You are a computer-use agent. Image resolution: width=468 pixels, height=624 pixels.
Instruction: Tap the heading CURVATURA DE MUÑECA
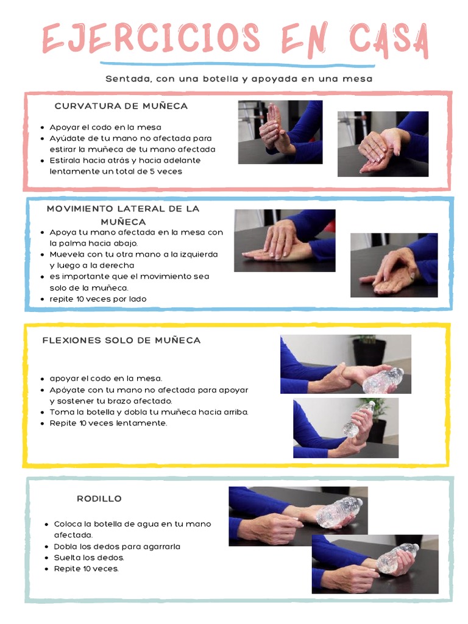click(121, 106)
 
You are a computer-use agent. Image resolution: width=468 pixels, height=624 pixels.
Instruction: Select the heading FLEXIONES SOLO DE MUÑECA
click(121, 340)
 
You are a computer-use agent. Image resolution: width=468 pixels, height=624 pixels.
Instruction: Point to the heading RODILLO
click(99, 498)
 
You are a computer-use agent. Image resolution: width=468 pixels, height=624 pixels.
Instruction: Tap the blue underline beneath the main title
click(238, 65)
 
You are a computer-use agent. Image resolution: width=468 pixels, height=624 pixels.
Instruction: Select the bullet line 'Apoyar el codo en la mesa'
click(105, 127)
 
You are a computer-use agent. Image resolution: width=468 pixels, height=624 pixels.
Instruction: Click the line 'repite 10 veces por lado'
click(98, 299)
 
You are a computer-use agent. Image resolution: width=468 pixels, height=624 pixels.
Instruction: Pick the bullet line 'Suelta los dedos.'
click(89, 558)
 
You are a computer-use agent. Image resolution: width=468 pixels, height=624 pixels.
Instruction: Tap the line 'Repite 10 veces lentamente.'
click(108, 422)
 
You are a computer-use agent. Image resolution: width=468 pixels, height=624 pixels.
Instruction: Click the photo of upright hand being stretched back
click(280, 132)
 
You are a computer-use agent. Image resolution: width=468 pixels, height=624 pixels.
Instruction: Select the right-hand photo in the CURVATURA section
click(383, 144)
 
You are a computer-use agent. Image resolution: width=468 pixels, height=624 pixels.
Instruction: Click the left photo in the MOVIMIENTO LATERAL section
click(285, 240)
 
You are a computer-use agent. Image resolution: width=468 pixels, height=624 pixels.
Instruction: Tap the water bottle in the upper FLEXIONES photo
click(383, 380)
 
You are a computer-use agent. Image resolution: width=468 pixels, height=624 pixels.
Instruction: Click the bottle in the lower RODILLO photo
click(397, 558)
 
